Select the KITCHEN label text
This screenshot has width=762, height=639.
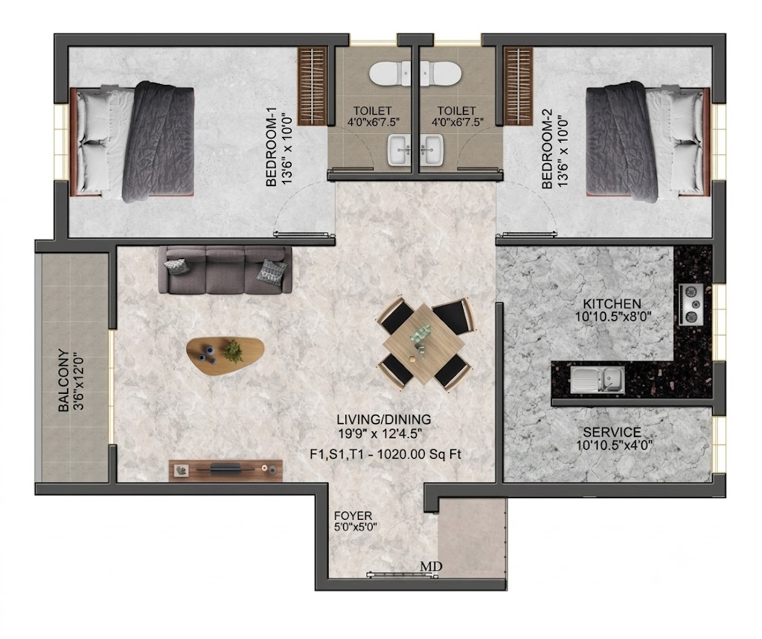tap(612, 304)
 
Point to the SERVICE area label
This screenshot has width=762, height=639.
tap(612, 432)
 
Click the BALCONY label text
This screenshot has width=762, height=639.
tap(63, 381)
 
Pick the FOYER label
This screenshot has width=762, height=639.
tap(353, 515)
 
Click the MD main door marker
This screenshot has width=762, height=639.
tap(431, 567)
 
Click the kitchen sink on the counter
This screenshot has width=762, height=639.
tap(598, 379)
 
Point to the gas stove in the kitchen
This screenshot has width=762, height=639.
tap(691, 304)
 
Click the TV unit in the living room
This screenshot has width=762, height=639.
tap(225, 470)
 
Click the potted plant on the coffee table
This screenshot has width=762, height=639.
tap(234, 351)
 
